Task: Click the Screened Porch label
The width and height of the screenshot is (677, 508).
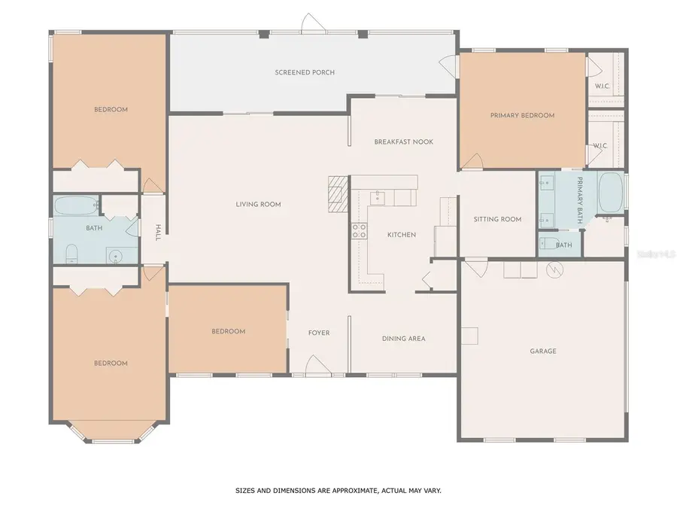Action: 304,72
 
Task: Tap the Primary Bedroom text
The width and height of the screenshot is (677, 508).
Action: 522,115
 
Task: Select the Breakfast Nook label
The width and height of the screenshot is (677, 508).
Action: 403,141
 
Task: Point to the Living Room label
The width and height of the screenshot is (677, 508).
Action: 258,204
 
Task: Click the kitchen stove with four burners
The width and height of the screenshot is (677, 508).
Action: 358,231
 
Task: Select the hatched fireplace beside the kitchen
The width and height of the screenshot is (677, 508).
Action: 338,191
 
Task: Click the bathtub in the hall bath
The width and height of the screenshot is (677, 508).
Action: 76,205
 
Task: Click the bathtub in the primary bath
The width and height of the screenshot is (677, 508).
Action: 610,193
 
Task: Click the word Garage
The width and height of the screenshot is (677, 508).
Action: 542,351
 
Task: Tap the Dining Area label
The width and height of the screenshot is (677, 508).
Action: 403,339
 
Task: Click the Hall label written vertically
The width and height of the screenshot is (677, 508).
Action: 158,232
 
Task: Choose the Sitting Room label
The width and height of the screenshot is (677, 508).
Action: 497,220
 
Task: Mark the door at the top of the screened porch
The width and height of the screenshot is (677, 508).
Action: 314,24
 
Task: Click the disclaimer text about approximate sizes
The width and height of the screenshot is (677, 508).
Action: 338,490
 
